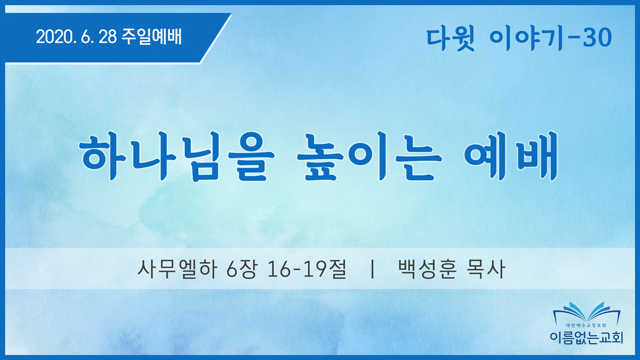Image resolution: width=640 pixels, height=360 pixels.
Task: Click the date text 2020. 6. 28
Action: [76, 37]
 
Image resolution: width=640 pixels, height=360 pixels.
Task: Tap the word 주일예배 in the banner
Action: [151, 37]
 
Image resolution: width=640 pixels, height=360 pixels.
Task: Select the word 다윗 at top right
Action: [450, 38]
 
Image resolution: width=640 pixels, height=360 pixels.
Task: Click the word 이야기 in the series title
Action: [527, 38]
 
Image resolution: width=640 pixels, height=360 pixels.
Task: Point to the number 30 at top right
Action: [597, 38]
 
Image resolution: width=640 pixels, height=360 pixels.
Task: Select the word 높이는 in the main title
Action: [370, 156]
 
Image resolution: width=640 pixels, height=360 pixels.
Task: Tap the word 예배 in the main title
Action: [511, 156]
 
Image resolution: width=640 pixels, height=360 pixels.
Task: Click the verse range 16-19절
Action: [306, 269]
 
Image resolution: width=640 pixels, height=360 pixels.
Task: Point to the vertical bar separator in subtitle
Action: [372, 269]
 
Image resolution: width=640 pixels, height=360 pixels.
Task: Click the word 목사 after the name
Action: [486, 269]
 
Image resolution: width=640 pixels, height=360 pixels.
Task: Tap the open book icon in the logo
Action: [586, 313]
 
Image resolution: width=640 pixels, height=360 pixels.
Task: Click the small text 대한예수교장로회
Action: [586, 326]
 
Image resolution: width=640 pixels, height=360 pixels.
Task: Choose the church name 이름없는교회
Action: [586, 337]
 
